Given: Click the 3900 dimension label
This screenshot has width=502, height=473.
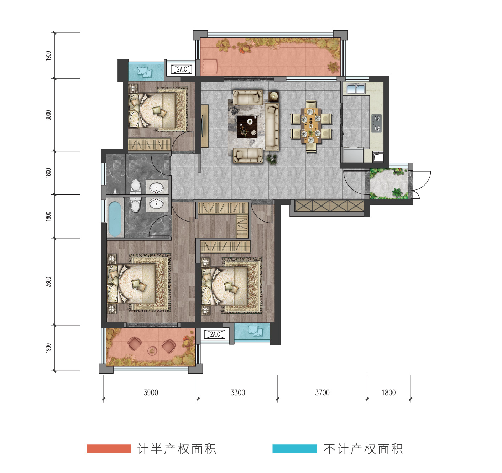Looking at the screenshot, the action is point(151,393).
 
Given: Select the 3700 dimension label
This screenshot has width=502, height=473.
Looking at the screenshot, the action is point(322,393).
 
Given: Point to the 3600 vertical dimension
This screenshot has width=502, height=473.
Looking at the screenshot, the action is point(48,282).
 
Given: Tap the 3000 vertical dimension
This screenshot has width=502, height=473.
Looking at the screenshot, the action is point(48,115).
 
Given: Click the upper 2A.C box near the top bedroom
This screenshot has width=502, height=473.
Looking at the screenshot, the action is point(181,69).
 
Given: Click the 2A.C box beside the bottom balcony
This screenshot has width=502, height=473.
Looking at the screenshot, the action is point(214,334).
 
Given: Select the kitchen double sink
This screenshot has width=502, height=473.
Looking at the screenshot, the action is point(356,89).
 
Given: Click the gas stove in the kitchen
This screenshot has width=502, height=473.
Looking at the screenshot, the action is point(377,124).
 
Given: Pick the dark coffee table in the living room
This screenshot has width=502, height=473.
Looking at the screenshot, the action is point(247,127).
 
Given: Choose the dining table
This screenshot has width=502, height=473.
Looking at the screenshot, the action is point(311,126).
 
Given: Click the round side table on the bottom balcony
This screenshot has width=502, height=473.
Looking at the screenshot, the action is point(152,351).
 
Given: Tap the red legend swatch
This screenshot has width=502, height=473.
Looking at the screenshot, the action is point(109,448).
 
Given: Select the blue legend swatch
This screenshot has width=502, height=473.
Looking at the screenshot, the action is point(294,448).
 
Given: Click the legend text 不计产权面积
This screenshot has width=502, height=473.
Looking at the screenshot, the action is point(363,449).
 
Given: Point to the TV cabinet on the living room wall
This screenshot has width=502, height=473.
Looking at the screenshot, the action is point(204,126).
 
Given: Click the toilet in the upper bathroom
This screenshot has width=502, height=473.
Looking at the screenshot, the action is point(136,186).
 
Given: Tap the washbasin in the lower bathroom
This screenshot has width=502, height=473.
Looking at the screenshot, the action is point(156,203).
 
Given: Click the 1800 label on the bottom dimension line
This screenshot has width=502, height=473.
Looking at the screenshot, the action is point(388,393).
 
